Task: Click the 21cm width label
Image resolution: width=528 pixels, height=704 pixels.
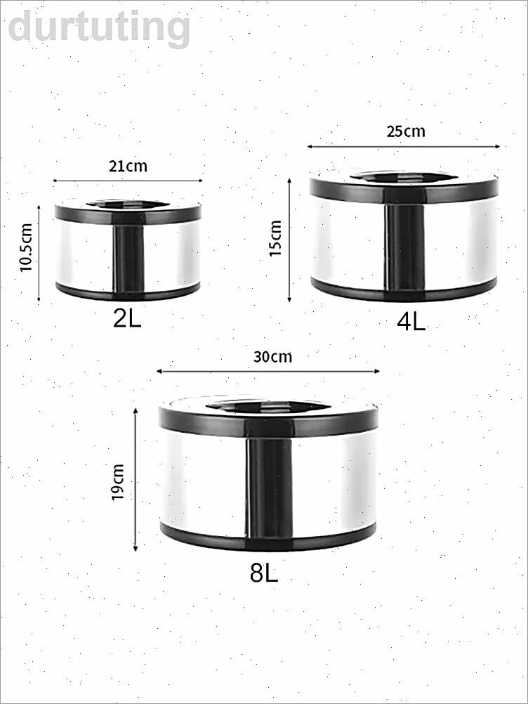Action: [128, 166]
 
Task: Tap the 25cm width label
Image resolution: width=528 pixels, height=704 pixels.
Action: [406, 131]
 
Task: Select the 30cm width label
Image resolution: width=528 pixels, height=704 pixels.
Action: [272, 356]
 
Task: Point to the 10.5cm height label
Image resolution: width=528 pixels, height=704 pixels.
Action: [27, 247]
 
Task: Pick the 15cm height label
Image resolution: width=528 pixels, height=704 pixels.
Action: [275, 238]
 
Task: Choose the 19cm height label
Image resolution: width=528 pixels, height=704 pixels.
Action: [117, 482]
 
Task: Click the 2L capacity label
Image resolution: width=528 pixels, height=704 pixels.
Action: [127, 318]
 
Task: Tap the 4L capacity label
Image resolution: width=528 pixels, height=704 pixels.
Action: [411, 322]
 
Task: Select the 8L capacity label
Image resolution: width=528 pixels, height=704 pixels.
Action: [264, 573]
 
